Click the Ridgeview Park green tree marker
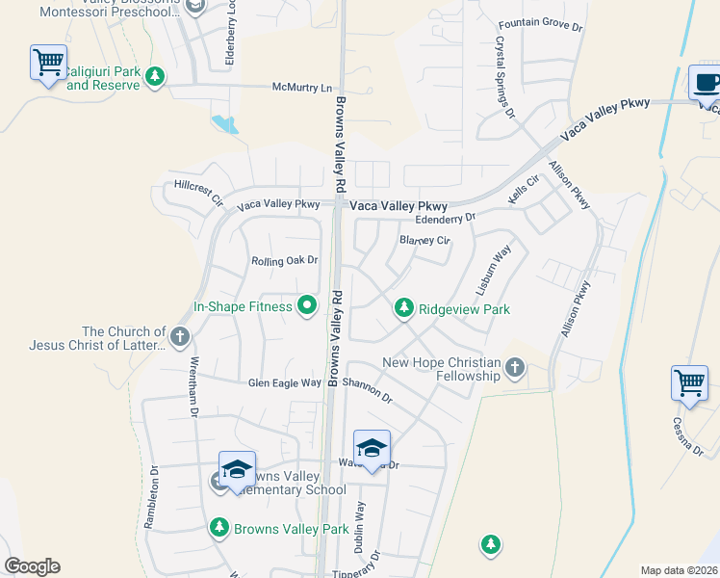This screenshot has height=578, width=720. coord(404,308)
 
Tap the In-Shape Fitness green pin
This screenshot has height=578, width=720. coord(307,307)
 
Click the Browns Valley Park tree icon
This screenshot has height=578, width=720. coord(219,528)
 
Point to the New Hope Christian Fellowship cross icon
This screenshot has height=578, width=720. coord(515,367)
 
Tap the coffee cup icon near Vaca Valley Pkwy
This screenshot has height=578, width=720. coord(706,83)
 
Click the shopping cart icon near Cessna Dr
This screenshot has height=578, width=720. coord(689,383)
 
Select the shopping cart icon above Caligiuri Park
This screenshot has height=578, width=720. coord(48,63)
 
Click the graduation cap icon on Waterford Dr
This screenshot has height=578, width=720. coord(372,448)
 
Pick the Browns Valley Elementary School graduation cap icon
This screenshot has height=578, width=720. coord(237,469)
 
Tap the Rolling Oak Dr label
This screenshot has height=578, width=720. coord(284,260)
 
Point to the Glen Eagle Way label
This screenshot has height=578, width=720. coord(284,382)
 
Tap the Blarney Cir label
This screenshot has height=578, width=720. coord(424,240)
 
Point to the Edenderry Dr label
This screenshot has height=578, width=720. coord(446,218)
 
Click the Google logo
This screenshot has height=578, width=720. coord(33,566)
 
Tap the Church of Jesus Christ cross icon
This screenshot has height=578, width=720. coord(180,337)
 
